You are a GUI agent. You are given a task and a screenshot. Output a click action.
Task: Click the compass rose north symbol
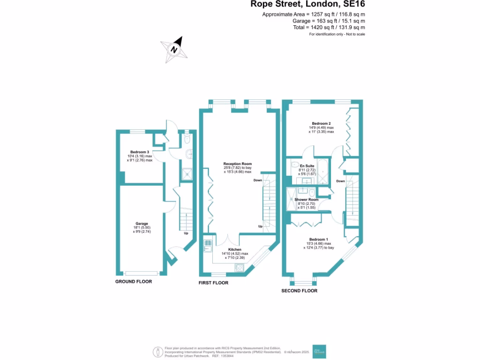(174, 49)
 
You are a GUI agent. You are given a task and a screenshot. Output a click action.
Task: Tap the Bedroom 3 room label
(140, 152)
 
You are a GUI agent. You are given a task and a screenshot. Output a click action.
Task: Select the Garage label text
(142, 224)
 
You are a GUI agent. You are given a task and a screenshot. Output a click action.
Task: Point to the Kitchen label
(234, 249)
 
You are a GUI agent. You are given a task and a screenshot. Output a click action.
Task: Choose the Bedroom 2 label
(321, 124)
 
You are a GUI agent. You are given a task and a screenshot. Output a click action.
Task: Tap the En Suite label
(307, 166)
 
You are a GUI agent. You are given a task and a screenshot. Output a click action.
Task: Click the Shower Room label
(307, 200)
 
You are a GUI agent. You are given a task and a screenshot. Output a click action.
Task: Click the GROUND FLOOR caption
(134, 282)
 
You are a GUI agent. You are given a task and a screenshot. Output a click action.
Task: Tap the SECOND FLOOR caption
(299, 291)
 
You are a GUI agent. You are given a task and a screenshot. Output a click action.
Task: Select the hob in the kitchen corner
(240, 268)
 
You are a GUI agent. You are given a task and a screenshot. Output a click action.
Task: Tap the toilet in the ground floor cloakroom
(187, 139)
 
